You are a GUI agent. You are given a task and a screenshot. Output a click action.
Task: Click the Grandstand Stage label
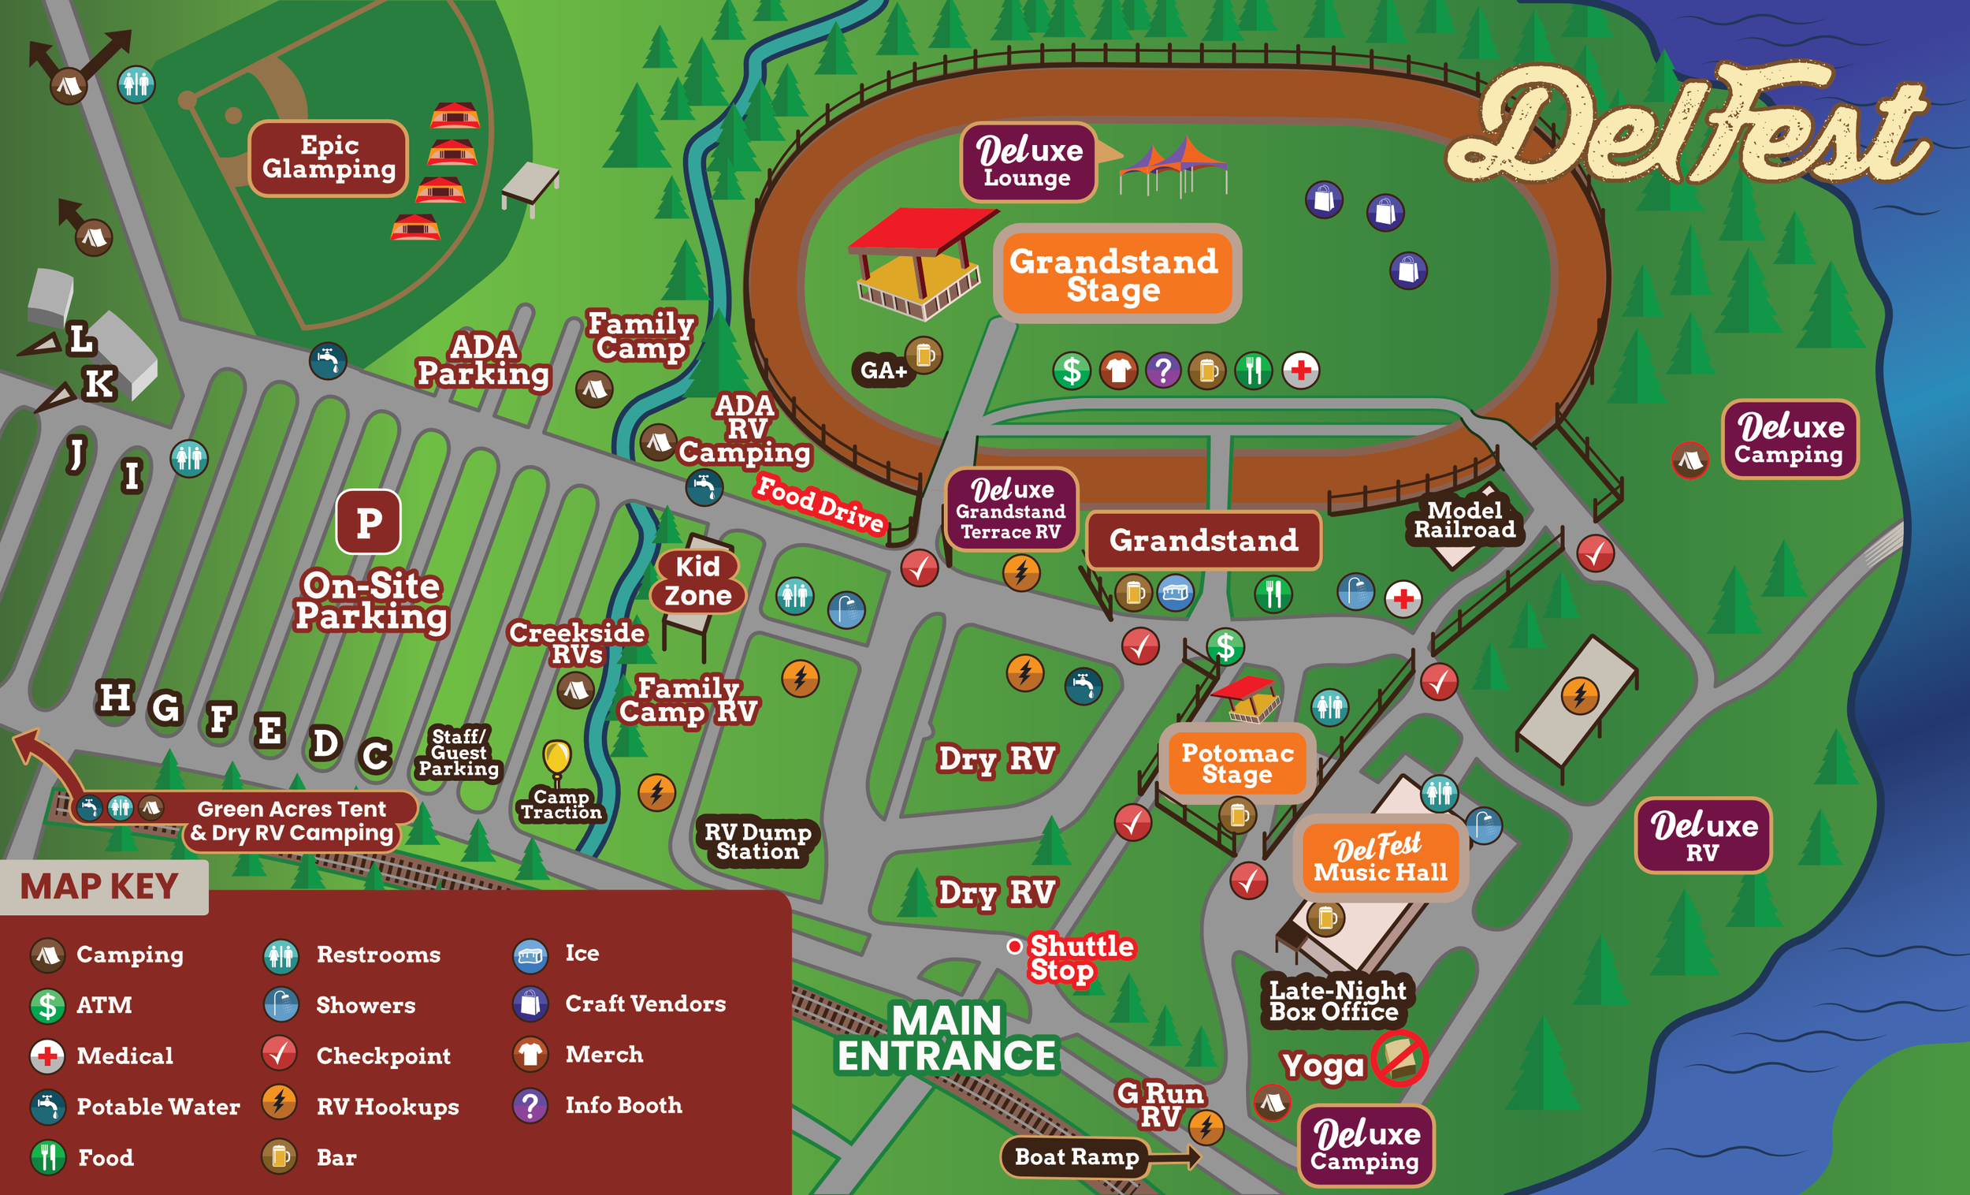(1116, 274)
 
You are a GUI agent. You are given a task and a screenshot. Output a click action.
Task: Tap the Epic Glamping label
(329, 158)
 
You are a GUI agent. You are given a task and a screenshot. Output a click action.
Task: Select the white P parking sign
(369, 523)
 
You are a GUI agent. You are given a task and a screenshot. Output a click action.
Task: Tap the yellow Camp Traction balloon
(556, 757)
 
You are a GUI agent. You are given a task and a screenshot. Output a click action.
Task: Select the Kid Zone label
(698, 581)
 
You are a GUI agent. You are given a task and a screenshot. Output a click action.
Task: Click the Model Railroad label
(1464, 520)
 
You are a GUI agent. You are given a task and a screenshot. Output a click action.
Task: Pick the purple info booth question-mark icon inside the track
(1162, 370)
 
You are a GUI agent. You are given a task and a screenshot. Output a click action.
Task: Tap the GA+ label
(883, 370)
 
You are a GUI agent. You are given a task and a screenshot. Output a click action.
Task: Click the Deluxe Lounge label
(1028, 162)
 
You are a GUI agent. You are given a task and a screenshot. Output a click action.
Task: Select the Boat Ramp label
(1076, 1156)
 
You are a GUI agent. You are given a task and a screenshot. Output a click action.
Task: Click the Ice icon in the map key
(530, 955)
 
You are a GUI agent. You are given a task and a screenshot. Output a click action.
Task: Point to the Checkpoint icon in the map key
(279, 1054)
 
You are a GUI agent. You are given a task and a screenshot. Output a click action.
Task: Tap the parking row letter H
(115, 698)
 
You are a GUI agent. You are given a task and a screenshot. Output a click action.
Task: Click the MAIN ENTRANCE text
(946, 1038)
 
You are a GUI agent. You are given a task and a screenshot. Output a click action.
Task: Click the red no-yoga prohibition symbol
(1399, 1058)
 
